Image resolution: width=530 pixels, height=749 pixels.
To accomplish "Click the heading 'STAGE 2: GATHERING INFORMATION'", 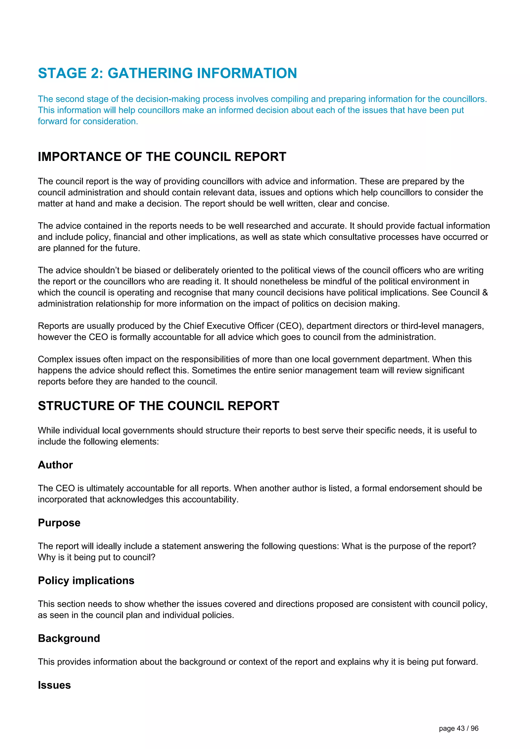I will pos(167,73).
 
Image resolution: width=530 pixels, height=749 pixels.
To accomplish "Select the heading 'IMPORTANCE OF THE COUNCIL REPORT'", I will pos(162,157).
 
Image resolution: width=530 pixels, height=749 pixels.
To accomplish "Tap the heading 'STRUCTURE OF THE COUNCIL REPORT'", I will pos(159,406).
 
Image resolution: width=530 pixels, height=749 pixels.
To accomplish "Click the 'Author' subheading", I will pos(55,465).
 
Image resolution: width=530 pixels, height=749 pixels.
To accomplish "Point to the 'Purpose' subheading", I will pos(59,523).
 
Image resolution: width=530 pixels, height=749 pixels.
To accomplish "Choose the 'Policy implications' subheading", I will pos(86,580).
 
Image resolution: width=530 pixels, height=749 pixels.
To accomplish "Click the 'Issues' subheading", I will pos(54,685).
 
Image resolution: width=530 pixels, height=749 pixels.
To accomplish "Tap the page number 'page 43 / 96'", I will pos(459,729).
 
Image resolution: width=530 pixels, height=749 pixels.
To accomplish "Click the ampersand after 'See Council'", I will pos(485,293).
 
